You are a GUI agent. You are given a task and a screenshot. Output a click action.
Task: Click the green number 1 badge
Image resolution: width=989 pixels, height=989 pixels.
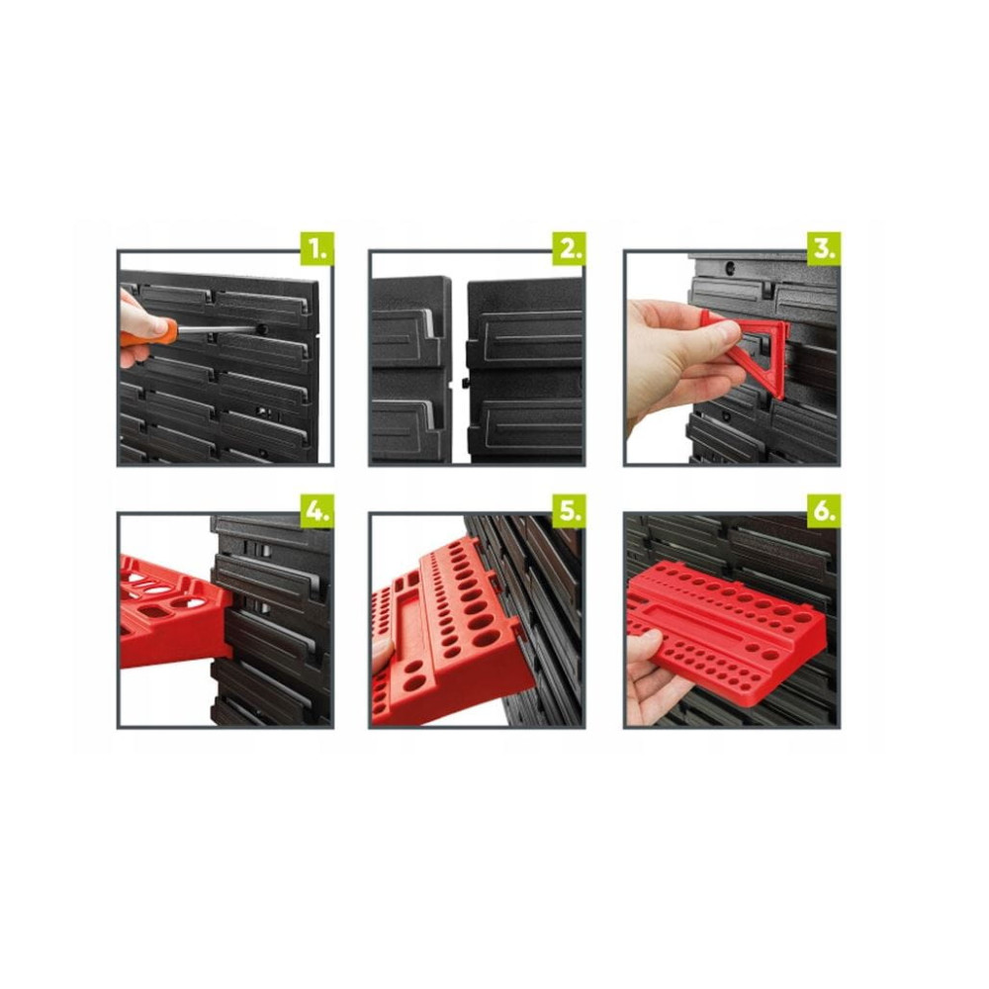coord(316,248)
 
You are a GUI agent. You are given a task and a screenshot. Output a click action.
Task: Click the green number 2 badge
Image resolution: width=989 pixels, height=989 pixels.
coord(569,248)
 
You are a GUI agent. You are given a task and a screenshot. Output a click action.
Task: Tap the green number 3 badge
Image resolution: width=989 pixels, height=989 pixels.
coord(823,248)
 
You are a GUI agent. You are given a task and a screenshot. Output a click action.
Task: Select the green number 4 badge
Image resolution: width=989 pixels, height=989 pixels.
coord(316,511)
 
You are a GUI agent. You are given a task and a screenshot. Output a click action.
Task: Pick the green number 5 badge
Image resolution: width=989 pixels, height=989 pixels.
coord(569,511)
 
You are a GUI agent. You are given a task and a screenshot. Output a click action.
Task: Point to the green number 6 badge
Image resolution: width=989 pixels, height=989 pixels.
coord(823,511)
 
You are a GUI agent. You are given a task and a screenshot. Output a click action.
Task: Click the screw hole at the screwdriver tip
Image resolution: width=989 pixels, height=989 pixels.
coord(262,329)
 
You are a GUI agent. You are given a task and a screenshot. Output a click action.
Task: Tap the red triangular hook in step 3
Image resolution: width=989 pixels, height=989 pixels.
coord(757,353)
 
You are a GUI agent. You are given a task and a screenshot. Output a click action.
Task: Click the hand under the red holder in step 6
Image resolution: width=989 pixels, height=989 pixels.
coord(650,681)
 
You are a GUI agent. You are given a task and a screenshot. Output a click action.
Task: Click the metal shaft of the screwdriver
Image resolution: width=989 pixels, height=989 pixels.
coord(218,330)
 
